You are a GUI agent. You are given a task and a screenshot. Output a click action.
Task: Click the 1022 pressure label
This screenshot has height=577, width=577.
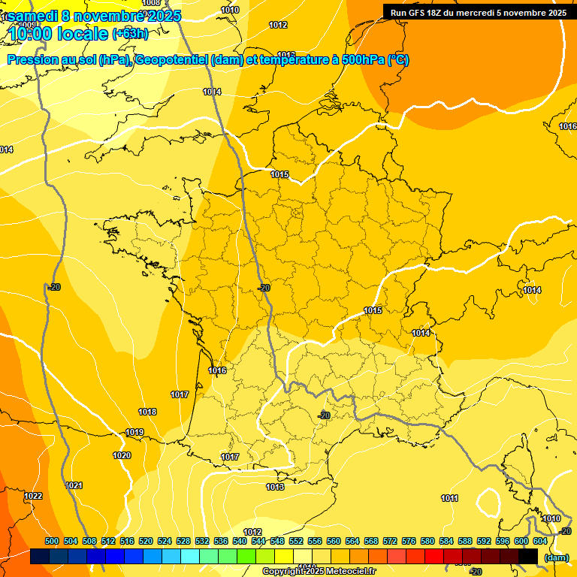pyautogui.click(x=33, y=496)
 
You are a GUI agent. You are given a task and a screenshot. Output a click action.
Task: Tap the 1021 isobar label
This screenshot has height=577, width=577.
pyautogui.click(x=74, y=485)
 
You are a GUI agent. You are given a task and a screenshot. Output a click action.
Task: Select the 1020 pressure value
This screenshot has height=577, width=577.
pyautogui.click(x=121, y=455)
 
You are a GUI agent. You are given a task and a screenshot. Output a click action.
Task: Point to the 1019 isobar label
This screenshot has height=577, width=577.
pyautogui.click(x=134, y=432)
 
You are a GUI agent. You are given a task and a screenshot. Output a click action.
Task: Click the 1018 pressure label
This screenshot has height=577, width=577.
pyautogui.click(x=147, y=412)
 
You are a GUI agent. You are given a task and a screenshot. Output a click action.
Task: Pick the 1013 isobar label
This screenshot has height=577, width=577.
pyautogui.click(x=275, y=487)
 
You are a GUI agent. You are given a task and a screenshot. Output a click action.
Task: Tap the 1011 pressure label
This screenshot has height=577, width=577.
pyautogui.click(x=449, y=498)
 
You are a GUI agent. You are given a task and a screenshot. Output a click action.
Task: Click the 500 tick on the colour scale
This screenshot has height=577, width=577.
pyautogui.click(x=52, y=541)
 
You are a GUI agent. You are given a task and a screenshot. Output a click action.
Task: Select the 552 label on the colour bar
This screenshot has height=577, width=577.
pyautogui.click(x=296, y=541)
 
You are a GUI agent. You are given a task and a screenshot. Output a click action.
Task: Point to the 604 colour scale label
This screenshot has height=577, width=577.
pyautogui.click(x=540, y=541)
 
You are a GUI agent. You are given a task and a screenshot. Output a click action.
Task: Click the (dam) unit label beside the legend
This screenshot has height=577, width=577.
pyautogui.click(x=556, y=557)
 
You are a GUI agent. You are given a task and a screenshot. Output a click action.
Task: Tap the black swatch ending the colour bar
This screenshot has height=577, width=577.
pyautogui.click(x=528, y=556)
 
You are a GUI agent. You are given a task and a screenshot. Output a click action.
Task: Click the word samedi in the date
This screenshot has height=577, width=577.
pyautogui.click(x=33, y=16)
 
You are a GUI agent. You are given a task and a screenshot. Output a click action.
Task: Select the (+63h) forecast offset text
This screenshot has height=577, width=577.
pyautogui.click(x=130, y=34)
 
